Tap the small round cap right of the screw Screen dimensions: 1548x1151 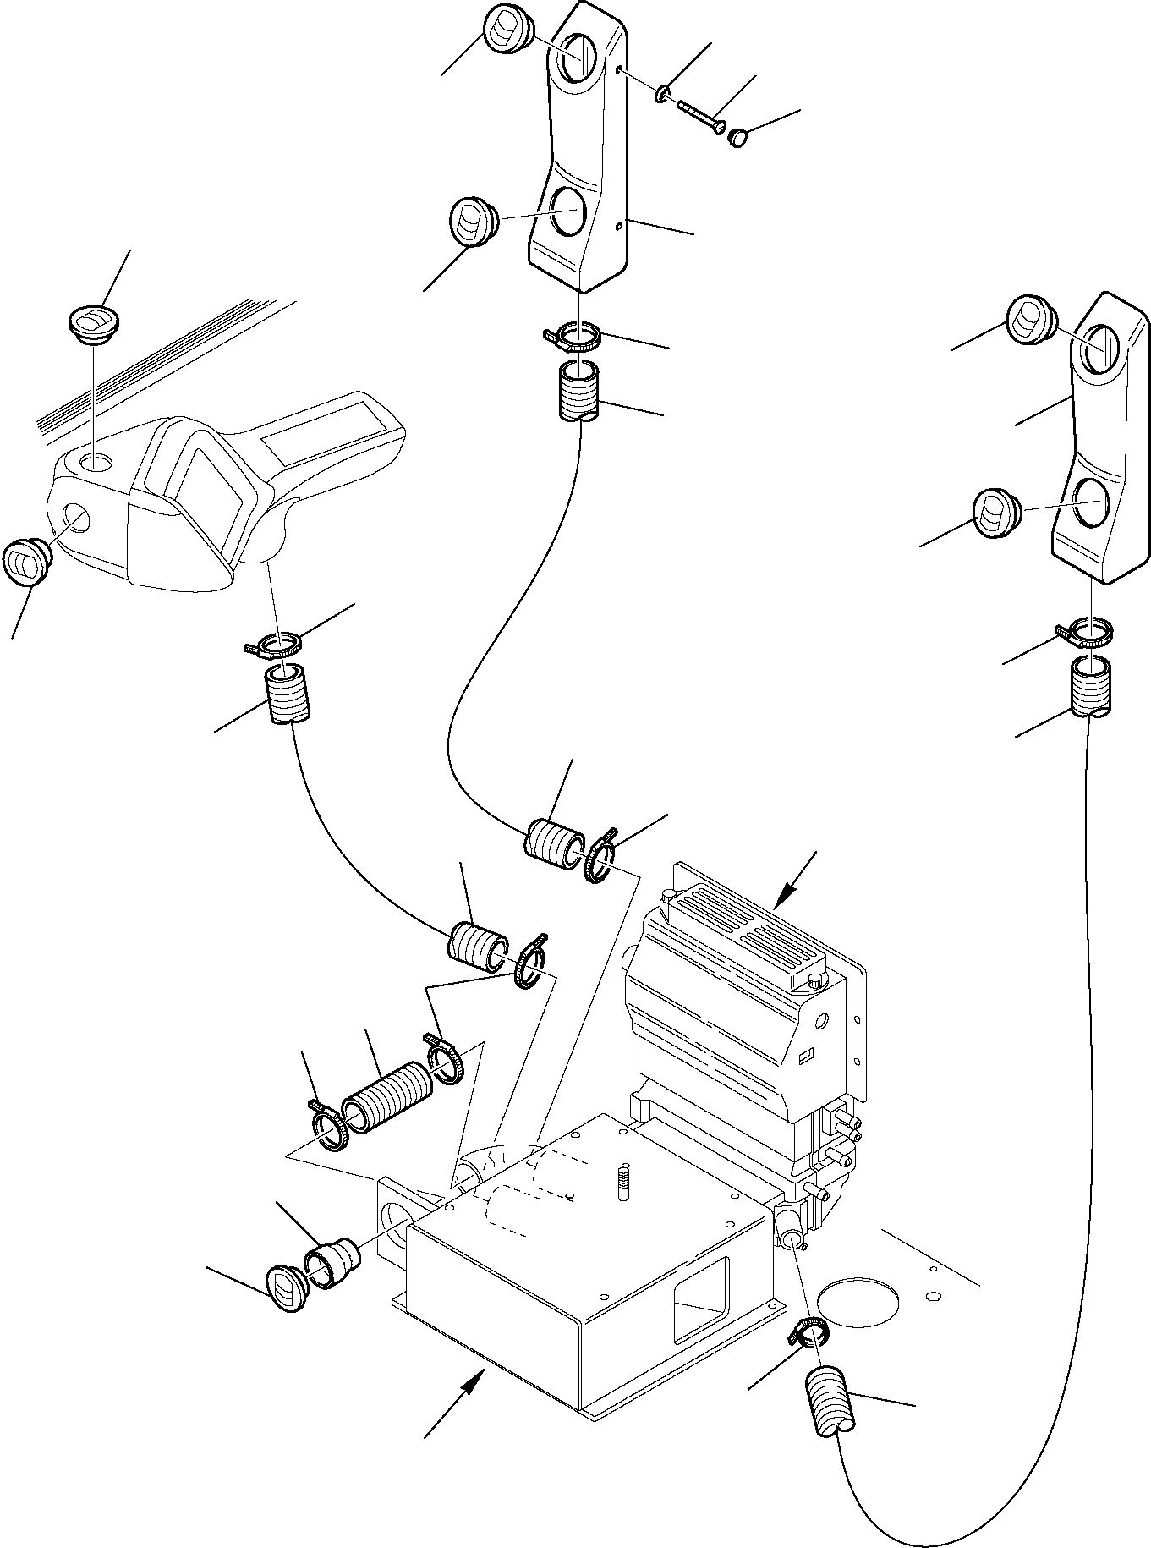(739, 137)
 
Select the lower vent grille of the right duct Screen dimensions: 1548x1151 (996, 513)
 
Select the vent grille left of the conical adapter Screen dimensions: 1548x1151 (286, 1288)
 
